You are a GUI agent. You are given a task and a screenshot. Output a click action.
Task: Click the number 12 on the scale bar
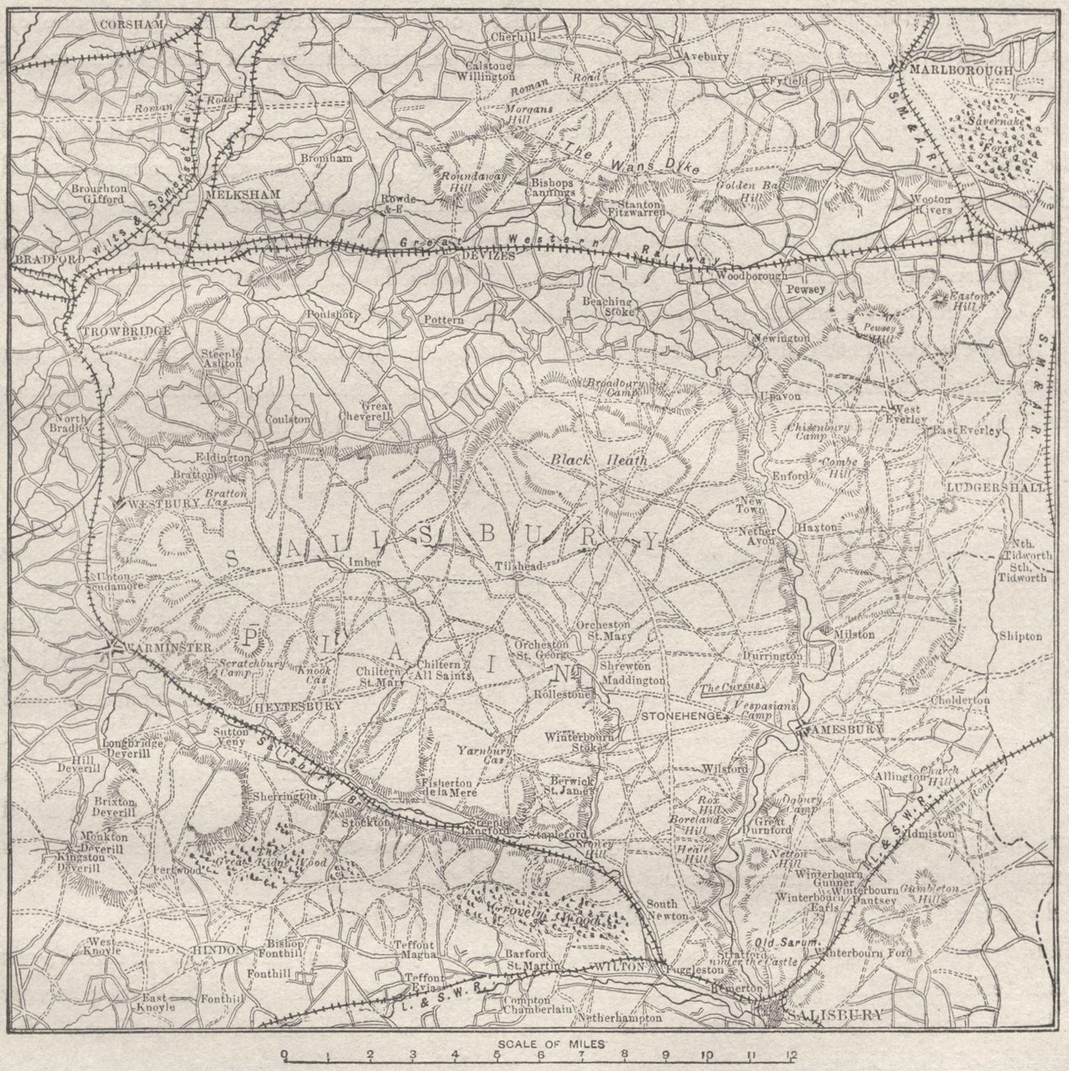pyautogui.click(x=791, y=1056)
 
